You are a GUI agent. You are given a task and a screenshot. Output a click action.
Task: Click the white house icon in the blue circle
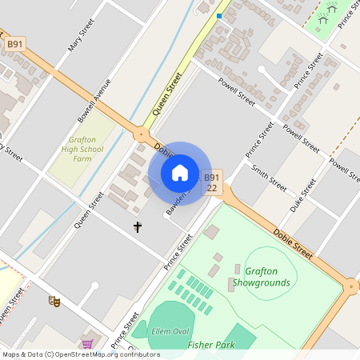point(180,173)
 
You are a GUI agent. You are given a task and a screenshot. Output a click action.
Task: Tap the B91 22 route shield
point(211,182)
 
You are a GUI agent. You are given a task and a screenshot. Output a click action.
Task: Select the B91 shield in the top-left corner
point(14,45)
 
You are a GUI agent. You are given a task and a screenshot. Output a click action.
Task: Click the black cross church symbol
point(137,227)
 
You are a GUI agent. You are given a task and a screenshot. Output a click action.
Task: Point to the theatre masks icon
point(54,301)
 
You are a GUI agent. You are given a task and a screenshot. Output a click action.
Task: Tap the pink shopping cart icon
point(87,344)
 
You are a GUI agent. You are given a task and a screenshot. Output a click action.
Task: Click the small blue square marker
point(219,15)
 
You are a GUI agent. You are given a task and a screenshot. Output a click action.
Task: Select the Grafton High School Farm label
point(82,148)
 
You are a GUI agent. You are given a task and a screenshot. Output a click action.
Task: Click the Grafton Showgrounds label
point(267,277)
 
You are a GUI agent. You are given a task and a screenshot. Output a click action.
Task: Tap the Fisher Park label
point(211,345)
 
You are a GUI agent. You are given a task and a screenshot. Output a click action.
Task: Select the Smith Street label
point(269,176)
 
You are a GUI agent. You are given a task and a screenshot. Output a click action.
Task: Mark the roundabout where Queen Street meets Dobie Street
point(142,135)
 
